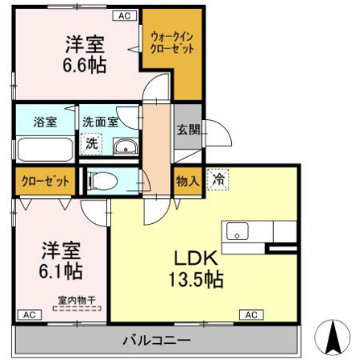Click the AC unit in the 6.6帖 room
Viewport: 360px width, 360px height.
coord(125,16)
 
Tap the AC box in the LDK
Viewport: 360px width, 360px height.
coord(251,315)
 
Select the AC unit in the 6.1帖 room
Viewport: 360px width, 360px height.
coord(30,315)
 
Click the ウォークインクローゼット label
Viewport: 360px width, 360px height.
coord(172,43)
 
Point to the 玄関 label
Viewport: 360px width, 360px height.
coord(188,130)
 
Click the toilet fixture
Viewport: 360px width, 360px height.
coord(102,180)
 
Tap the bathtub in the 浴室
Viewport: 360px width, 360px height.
coord(44,150)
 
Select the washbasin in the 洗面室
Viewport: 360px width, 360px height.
coord(126,147)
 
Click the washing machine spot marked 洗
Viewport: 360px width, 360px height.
coord(91,144)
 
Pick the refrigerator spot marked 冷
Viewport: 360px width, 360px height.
coord(218,180)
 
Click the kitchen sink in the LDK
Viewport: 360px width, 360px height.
coord(238,231)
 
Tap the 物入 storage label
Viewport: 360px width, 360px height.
coord(188,181)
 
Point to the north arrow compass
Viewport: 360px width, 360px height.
coord(333,337)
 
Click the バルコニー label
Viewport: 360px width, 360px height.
coord(157,341)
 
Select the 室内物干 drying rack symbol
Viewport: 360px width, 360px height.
coord(77,308)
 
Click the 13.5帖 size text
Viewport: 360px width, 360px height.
coord(196,279)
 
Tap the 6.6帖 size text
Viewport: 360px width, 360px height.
coord(85,65)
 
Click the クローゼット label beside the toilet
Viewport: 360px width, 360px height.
coord(45,181)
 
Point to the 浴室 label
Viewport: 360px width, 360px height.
coord(45,122)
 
